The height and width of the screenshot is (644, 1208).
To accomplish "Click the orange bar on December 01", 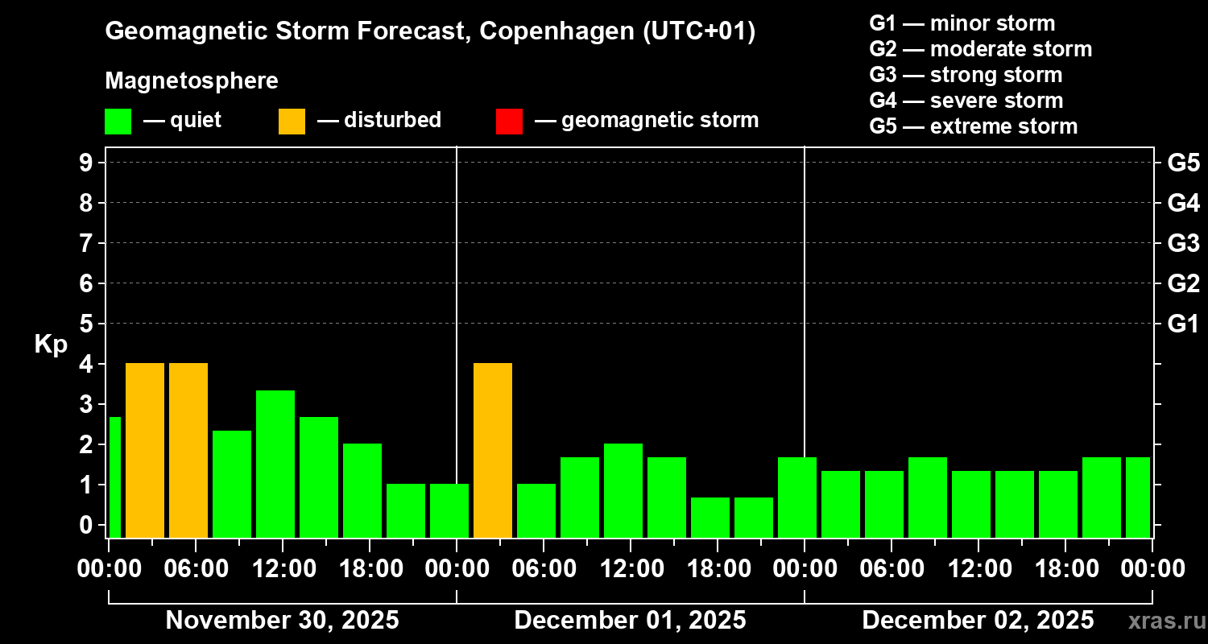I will pos(493,450).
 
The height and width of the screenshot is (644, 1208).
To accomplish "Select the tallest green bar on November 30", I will pos(275,464).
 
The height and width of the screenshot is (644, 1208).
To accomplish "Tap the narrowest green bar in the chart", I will pos(114,477).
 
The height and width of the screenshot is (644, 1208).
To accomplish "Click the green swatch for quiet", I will pos(118,122).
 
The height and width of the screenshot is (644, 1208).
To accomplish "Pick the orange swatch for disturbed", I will pos(292,122).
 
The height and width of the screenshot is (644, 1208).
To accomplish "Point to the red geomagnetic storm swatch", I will pos(509,122).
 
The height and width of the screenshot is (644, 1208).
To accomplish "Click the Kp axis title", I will pos(51,345).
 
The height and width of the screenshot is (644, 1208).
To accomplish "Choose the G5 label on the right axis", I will pos(1183,163).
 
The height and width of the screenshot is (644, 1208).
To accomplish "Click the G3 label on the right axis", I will pos(1183,243).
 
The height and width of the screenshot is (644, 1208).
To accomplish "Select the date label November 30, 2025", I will pos(282,621).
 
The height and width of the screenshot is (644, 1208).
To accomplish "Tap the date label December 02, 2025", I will pos(978,621).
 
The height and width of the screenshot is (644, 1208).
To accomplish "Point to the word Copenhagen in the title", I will pos(547,32).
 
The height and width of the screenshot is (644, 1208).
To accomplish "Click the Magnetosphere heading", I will pos(192,81).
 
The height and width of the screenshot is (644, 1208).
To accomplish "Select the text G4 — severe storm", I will pos(966,101).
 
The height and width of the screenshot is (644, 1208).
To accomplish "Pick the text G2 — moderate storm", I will pos(980,49).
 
